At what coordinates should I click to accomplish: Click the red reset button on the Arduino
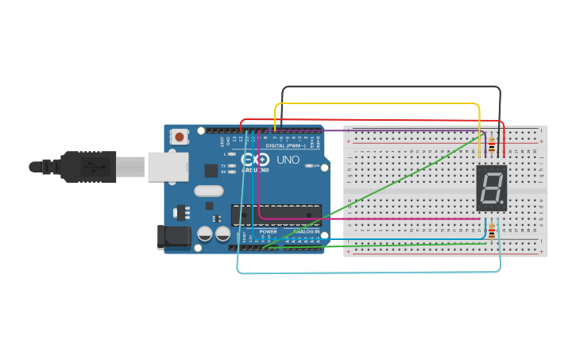[180, 137]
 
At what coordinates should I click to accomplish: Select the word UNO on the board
[288, 160]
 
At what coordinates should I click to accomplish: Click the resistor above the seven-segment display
[493, 146]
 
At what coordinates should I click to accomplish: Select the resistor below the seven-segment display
[492, 232]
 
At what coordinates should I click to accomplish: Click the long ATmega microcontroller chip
[276, 214]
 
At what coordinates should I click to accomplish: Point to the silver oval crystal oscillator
[208, 191]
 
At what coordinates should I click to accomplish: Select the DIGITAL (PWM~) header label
[284, 145]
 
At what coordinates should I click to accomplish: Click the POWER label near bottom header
[268, 231]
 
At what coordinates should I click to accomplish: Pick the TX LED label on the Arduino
[223, 165]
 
